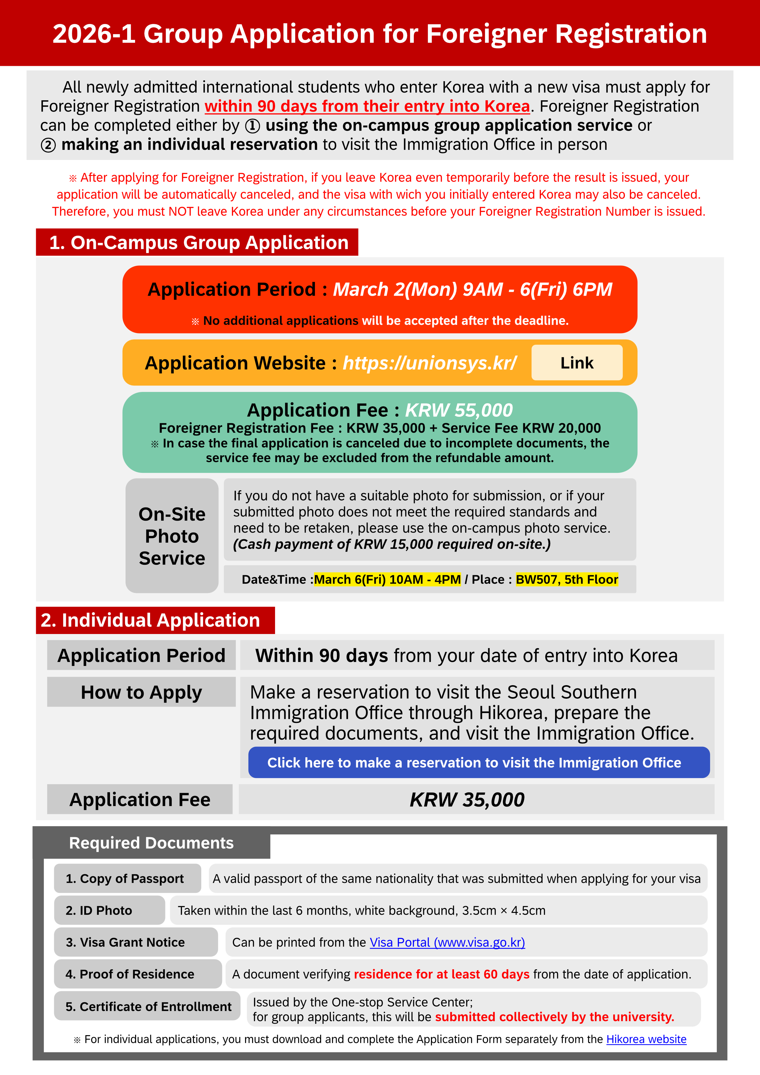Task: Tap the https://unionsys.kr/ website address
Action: tap(429, 363)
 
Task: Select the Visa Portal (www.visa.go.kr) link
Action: tap(447, 943)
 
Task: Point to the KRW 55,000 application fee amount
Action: tap(459, 410)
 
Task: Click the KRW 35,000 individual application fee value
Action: tap(467, 800)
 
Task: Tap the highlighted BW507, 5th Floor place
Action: tap(567, 580)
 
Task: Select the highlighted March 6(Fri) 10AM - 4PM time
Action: tap(388, 580)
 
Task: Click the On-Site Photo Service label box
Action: tap(172, 536)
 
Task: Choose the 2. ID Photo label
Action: tap(109, 911)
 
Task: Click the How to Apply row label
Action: tap(141, 692)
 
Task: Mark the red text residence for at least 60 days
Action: tap(441, 974)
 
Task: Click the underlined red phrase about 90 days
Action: tap(367, 107)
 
